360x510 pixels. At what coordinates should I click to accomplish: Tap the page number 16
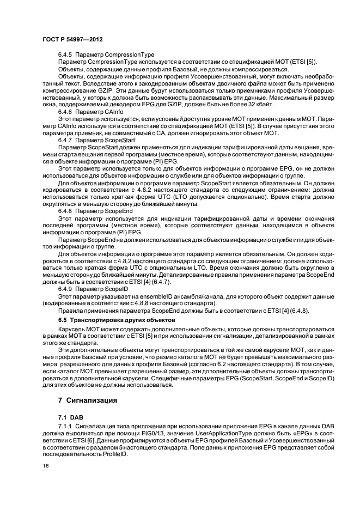point(46,466)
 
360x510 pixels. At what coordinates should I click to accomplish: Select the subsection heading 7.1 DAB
point(70,416)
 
